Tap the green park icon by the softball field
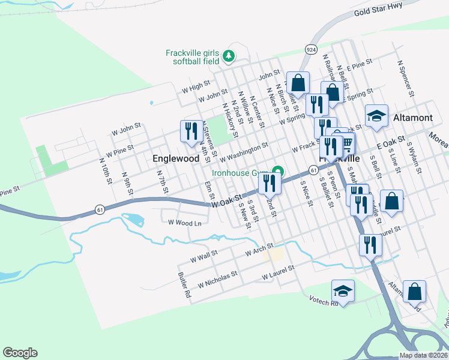click(x=228, y=56)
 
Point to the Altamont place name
click(x=412, y=118)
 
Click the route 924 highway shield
click(x=310, y=49)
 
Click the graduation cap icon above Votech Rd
click(x=343, y=291)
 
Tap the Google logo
click(x=20, y=353)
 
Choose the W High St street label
click(x=196, y=86)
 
